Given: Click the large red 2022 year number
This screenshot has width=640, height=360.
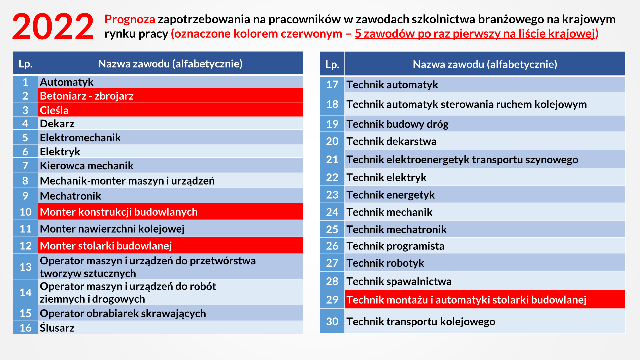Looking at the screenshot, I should pyautogui.click(x=53, y=27).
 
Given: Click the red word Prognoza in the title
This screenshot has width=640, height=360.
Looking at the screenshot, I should pyautogui.click(x=130, y=19).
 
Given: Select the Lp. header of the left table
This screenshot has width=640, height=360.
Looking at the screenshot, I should pyautogui.click(x=25, y=63).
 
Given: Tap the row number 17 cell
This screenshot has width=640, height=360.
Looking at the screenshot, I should pyautogui.click(x=332, y=85).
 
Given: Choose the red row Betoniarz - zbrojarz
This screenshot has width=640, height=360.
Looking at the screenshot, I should pyautogui.click(x=87, y=96).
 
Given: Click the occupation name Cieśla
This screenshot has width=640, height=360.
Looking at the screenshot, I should pyautogui.click(x=54, y=110).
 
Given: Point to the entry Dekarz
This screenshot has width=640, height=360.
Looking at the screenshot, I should pyautogui.click(x=57, y=124).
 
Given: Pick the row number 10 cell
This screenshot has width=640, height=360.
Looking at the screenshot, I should pyautogui.click(x=25, y=212).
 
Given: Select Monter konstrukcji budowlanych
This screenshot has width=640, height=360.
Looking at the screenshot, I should pyautogui.click(x=119, y=212).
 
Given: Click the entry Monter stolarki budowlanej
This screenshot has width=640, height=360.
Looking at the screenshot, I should pyautogui.click(x=106, y=246).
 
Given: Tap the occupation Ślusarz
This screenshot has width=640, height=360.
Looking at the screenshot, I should pyautogui.click(x=57, y=328).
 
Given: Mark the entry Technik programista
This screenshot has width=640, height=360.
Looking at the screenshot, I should pyautogui.click(x=395, y=246).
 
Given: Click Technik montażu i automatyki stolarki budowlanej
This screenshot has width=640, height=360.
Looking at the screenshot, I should pyautogui.click(x=466, y=300).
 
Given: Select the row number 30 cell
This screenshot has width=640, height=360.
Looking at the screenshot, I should pyautogui.click(x=332, y=321).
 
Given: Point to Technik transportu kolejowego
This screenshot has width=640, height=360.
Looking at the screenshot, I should pyautogui.click(x=421, y=322).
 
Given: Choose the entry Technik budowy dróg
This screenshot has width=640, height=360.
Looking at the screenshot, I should pyautogui.click(x=397, y=124).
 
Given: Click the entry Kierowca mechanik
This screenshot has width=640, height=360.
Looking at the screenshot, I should pyautogui.click(x=87, y=166).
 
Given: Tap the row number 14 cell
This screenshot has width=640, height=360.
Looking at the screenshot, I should pyautogui.click(x=25, y=292).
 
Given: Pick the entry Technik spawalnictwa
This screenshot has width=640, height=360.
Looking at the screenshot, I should pyautogui.click(x=399, y=281).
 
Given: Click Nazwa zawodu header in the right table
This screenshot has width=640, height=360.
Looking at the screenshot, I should pyautogui.click(x=485, y=64).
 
